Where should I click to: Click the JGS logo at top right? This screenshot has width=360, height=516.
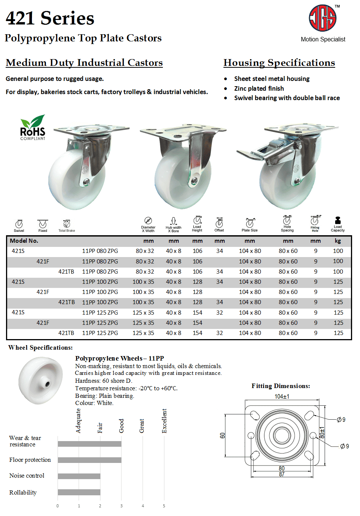tap(322, 18)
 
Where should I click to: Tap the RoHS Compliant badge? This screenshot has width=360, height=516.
tap(33, 128)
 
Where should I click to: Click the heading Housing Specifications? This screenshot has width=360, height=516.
tap(279, 62)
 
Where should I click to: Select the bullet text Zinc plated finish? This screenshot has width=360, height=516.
tap(259, 88)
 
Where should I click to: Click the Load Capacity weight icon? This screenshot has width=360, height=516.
tap(337, 221)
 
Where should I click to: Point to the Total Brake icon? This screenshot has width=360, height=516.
tap(67, 224)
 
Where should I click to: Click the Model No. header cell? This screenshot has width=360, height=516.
tap(24, 241)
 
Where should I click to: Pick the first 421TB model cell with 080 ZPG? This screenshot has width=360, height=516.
tap(66, 271)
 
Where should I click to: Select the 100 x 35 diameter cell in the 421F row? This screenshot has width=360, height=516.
tap(143, 292)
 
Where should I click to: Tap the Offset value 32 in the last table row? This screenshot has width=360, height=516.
tap(220, 333)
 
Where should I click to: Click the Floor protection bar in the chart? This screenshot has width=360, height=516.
tap(90, 460)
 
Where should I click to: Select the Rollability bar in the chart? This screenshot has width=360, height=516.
tap(79, 492)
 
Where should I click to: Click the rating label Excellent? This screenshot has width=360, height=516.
tap(164, 421)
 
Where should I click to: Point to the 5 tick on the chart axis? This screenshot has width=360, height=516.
tap(164, 506)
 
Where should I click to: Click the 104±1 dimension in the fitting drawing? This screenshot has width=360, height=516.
tap(282, 397)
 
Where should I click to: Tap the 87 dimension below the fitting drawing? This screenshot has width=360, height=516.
tap(282, 474)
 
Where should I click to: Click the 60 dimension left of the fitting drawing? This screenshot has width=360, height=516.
tap(222, 435)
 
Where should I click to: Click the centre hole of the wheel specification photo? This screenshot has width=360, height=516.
tap(47, 384)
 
